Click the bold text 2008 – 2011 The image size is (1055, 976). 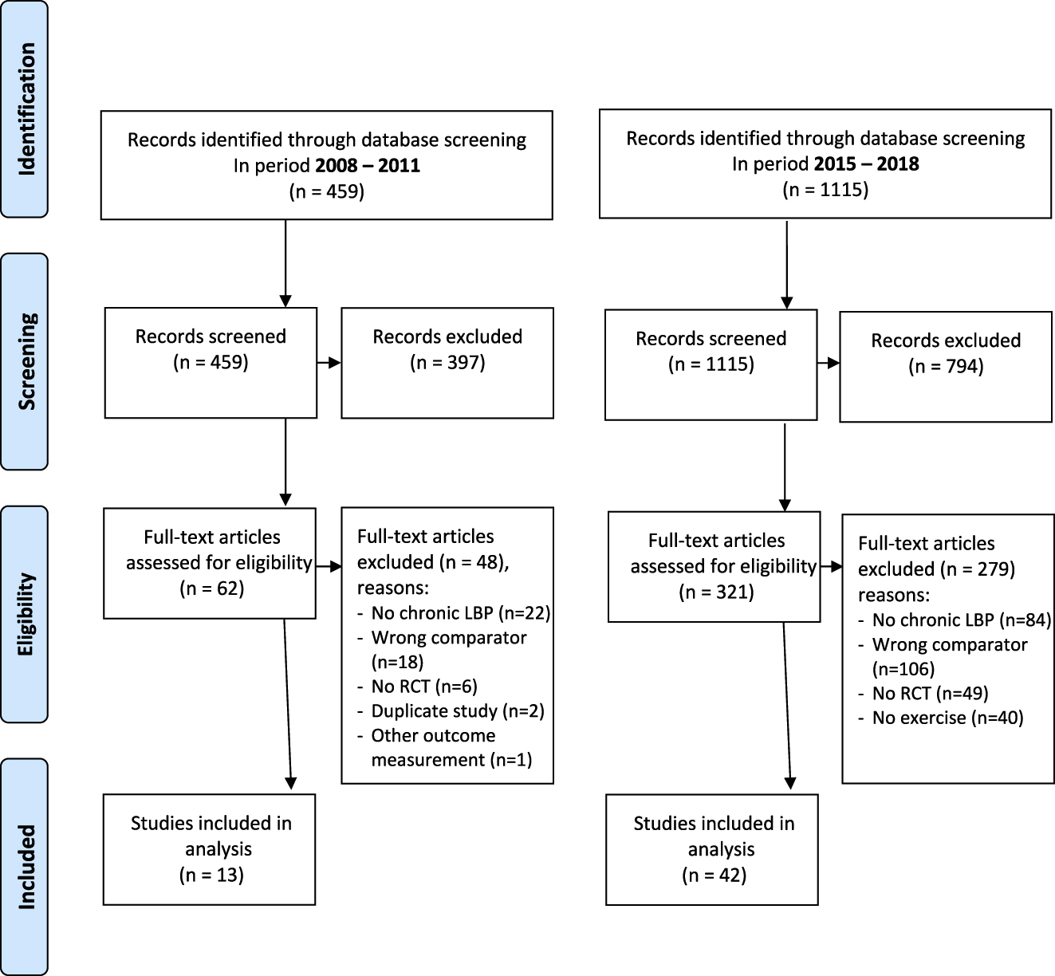click(x=366, y=166)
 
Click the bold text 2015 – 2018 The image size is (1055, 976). click(x=866, y=164)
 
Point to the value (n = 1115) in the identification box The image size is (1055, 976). click(x=825, y=190)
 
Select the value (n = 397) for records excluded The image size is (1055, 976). click(x=447, y=363)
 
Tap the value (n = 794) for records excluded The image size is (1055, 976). click(x=946, y=367)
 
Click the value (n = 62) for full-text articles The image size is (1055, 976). click(x=211, y=588)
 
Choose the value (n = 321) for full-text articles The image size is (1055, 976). click(x=716, y=592)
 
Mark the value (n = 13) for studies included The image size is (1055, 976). click(x=211, y=875)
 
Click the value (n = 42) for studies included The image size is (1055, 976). click(x=714, y=876)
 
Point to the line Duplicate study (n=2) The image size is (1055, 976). click(x=457, y=710)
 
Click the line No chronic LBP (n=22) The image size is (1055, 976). click(x=461, y=613)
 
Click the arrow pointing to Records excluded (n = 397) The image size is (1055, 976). click(x=329, y=363)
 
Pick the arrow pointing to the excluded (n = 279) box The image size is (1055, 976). click(x=830, y=567)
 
